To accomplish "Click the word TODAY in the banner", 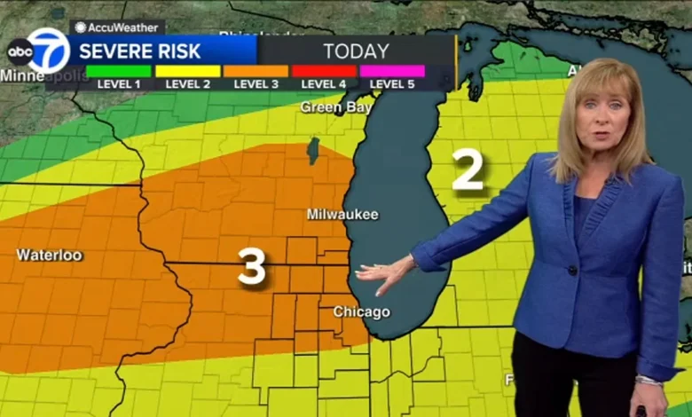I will (356, 51).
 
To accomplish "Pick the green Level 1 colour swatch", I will (118, 71).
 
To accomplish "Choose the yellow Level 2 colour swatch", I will (187, 71).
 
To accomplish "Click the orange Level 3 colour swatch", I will (256, 71).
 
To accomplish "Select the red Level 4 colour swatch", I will (324, 71).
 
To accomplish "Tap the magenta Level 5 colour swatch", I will (392, 71).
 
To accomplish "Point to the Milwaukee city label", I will (342, 214).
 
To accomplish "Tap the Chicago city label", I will (361, 311).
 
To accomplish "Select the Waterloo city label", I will (50, 256).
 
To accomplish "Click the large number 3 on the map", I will (252, 266).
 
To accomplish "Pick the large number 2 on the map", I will (468, 169).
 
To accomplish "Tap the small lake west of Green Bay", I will (312, 150).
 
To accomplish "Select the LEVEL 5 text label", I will (392, 84).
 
